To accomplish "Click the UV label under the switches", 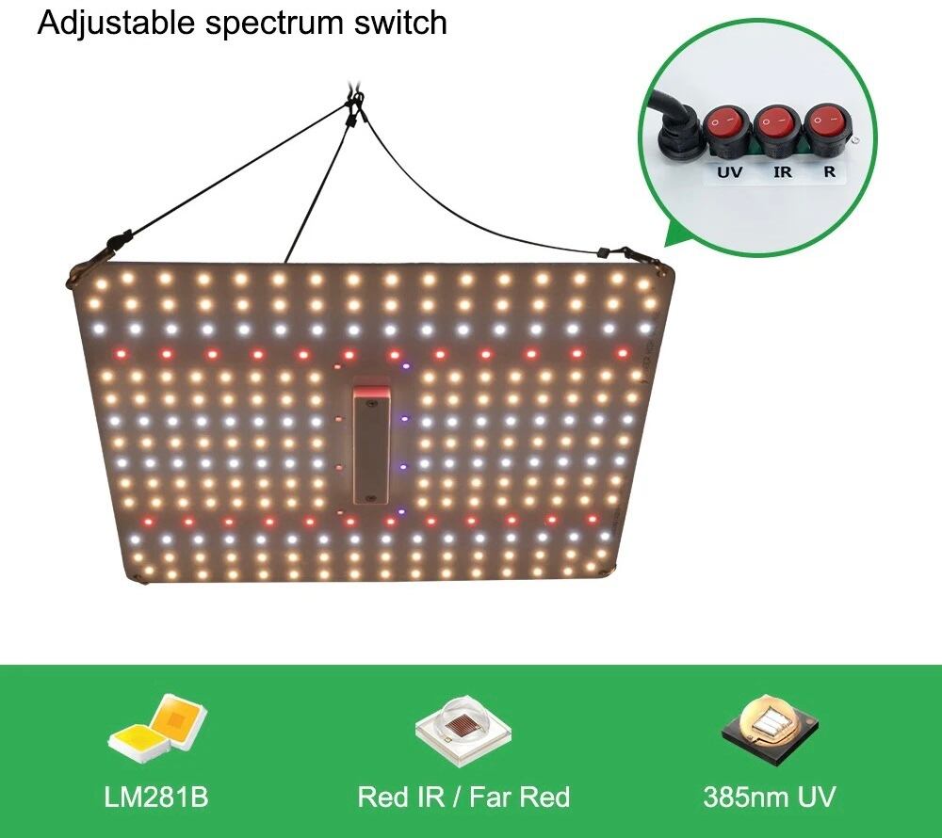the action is point(729,172).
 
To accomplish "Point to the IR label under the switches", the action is point(782,172).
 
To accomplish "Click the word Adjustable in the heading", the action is point(118,24).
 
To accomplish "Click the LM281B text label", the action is point(156,798).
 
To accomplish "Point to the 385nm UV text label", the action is point(769,798).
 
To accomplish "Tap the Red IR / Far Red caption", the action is point(463,798).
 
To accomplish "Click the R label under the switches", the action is point(829,172).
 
